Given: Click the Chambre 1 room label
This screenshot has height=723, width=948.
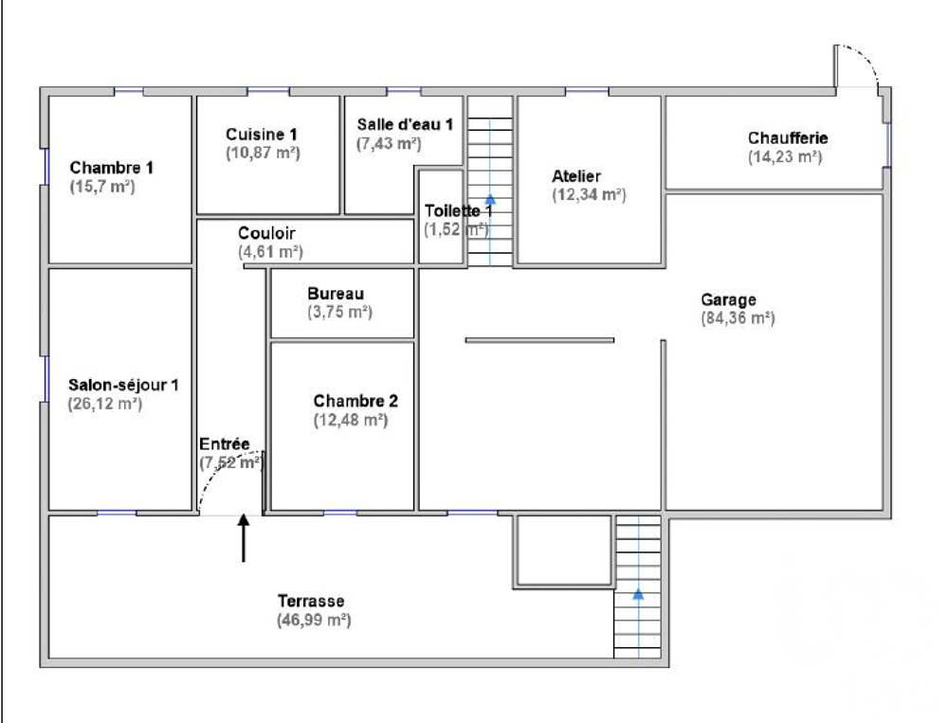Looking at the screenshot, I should (112, 168).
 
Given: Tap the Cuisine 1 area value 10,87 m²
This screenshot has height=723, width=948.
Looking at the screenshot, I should (263, 152).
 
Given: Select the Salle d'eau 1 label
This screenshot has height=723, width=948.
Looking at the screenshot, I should (405, 125).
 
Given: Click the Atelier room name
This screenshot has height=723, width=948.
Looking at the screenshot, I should (576, 176).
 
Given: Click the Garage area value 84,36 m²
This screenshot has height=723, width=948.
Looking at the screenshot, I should (738, 318).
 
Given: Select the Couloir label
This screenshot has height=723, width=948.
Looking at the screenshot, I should (267, 233).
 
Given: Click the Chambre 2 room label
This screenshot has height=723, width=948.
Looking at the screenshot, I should (350, 401).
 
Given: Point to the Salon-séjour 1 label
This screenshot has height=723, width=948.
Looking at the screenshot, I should (123, 386).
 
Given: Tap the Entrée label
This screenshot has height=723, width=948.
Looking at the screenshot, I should (224, 443).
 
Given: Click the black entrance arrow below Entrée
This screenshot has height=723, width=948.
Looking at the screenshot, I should (244, 537).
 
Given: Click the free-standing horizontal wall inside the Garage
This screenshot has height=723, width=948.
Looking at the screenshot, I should (538, 339).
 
